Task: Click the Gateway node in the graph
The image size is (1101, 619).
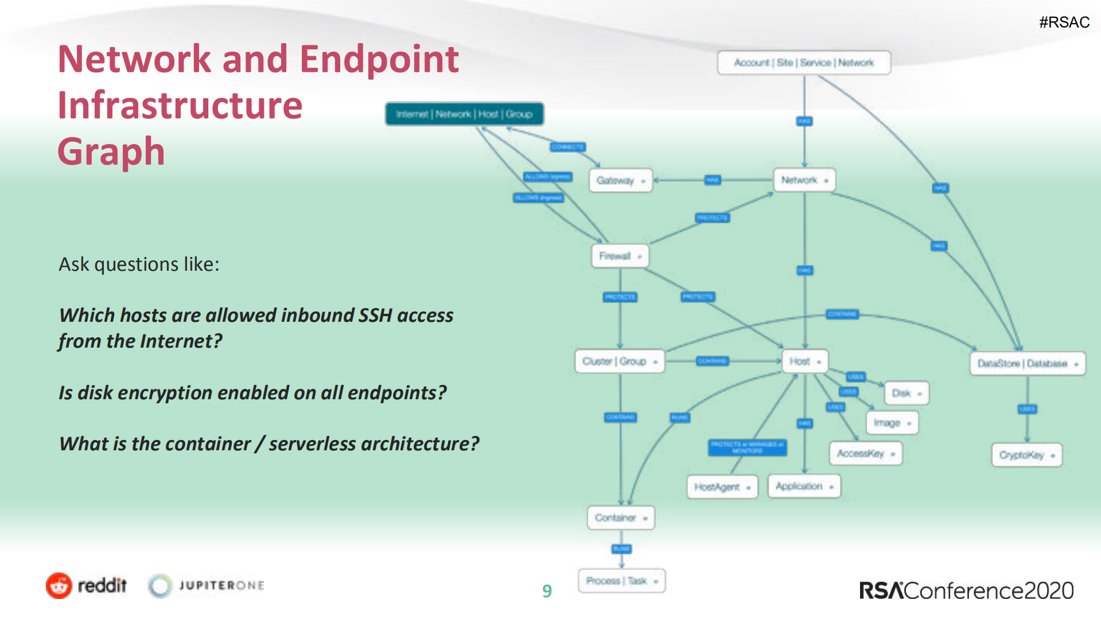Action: pos(620,181)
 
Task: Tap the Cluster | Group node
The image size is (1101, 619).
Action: pos(619,361)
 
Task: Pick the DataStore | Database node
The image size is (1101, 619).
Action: pos(1027,364)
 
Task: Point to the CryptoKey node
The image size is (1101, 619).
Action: pos(1026,455)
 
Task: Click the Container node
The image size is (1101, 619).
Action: pos(620,517)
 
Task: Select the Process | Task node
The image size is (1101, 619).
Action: pos(621,581)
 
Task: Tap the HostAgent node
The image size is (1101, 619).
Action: pos(722,487)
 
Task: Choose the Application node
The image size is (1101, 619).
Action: pos(804,486)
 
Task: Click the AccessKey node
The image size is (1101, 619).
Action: pos(865,453)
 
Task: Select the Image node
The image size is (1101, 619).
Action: pos(892,423)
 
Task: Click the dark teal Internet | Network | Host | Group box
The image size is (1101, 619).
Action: pos(464,114)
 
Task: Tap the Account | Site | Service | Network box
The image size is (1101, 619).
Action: pos(803,63)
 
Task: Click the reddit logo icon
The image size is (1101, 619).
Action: pos(59,586)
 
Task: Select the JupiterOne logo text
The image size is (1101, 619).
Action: pos(221,586)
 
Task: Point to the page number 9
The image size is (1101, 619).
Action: pos(547,591)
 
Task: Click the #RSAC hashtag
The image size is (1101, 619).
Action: pos(1064,22)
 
